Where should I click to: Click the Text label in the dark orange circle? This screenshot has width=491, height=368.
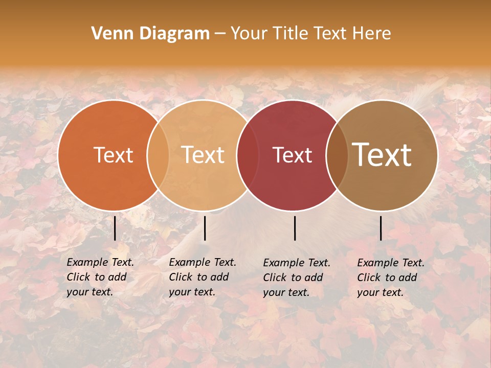point(113,155)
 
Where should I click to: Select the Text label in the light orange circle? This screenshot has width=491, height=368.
point(203,155)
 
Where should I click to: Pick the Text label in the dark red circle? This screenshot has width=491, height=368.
point(292,155)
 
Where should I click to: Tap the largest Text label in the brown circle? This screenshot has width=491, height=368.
point(382,155)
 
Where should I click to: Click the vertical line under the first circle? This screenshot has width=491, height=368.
point(115,228)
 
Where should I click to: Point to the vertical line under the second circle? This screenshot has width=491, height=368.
point(205,228)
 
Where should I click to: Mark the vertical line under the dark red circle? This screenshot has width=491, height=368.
point(295,228)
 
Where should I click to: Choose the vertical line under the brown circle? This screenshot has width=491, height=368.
point(381,228)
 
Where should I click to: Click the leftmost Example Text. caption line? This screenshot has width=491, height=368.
point(100,262)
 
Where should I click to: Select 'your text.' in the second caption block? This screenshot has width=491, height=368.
point(192,292)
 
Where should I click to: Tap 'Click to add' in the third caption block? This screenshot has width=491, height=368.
point(293,278)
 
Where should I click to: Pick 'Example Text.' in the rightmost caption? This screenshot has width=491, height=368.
point(391,263)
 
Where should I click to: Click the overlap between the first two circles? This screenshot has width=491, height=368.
point(158,155)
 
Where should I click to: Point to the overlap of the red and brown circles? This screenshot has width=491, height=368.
point(337,155)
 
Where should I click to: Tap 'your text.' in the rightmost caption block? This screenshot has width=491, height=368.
point(380,292)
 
